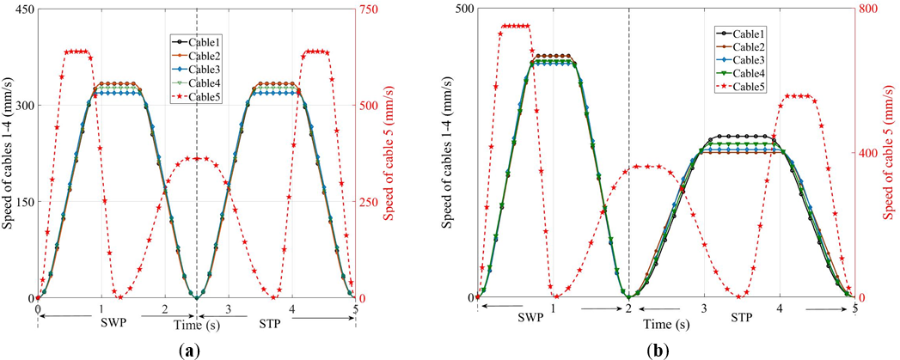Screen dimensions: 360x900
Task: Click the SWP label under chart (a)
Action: click(x=105, y=326)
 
